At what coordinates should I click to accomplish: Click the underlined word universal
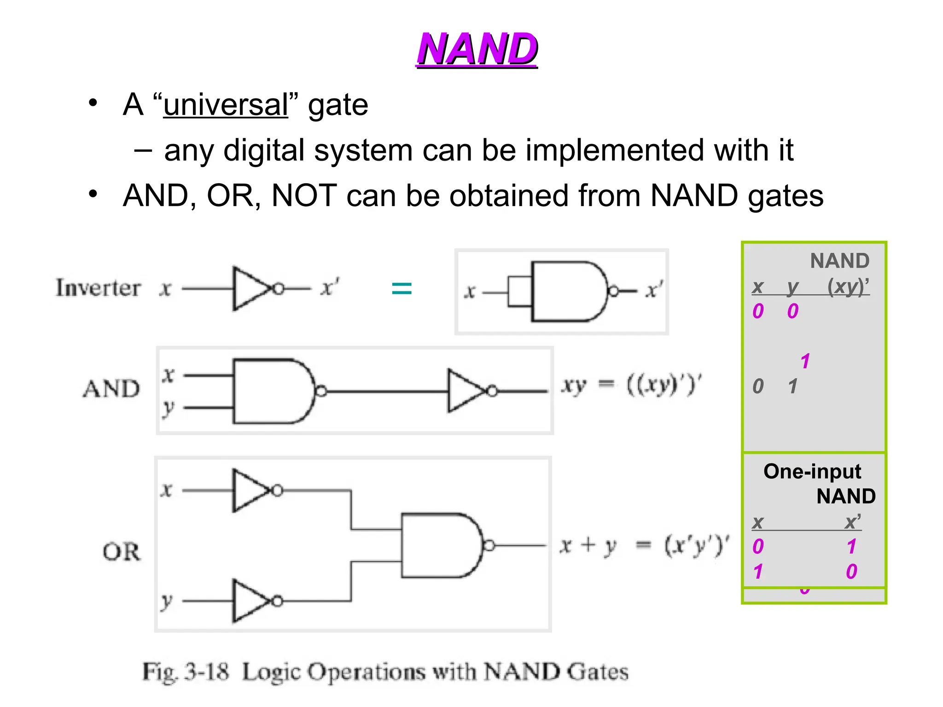(x=226, y=105)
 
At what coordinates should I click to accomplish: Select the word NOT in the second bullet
(x=304, y=196)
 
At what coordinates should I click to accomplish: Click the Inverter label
(x=98, y=288)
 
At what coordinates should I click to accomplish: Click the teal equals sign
(x=401, y=289)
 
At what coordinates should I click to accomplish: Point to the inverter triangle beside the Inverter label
(x=251, y=289)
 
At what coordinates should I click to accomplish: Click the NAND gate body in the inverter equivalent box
(x=566, y=291)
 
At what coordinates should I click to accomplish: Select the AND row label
(x=111, y=389)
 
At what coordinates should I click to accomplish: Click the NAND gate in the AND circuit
(x=272, y=391)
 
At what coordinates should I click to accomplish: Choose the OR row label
(x=121, y=551)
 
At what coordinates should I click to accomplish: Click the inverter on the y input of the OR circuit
(x=251, y=601)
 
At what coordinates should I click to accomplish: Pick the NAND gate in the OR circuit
(x=440, y=545)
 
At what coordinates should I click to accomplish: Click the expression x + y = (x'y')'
(x=644, y=546)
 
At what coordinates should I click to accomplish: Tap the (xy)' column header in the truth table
(x=848, y=286)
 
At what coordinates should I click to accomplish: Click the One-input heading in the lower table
(x=812, y=471)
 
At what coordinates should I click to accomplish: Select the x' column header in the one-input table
(x=852, y=522)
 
